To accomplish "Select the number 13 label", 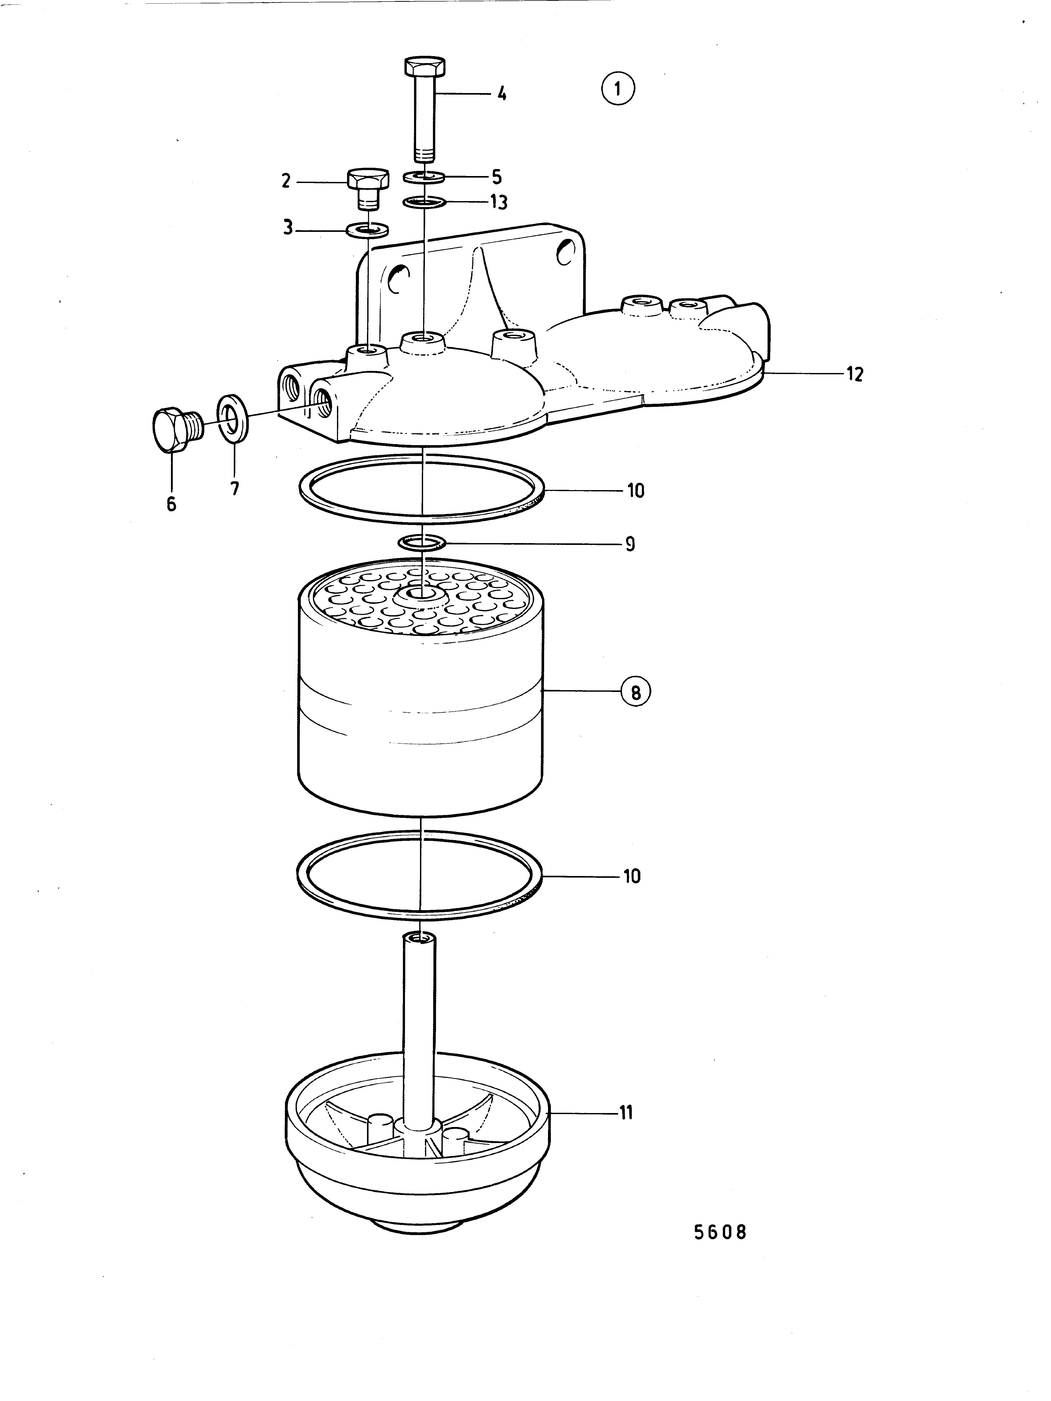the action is (499, 203).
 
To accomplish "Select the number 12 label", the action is (855, 374).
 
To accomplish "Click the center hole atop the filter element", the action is (420, 595).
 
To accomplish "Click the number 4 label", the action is (501, 94).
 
